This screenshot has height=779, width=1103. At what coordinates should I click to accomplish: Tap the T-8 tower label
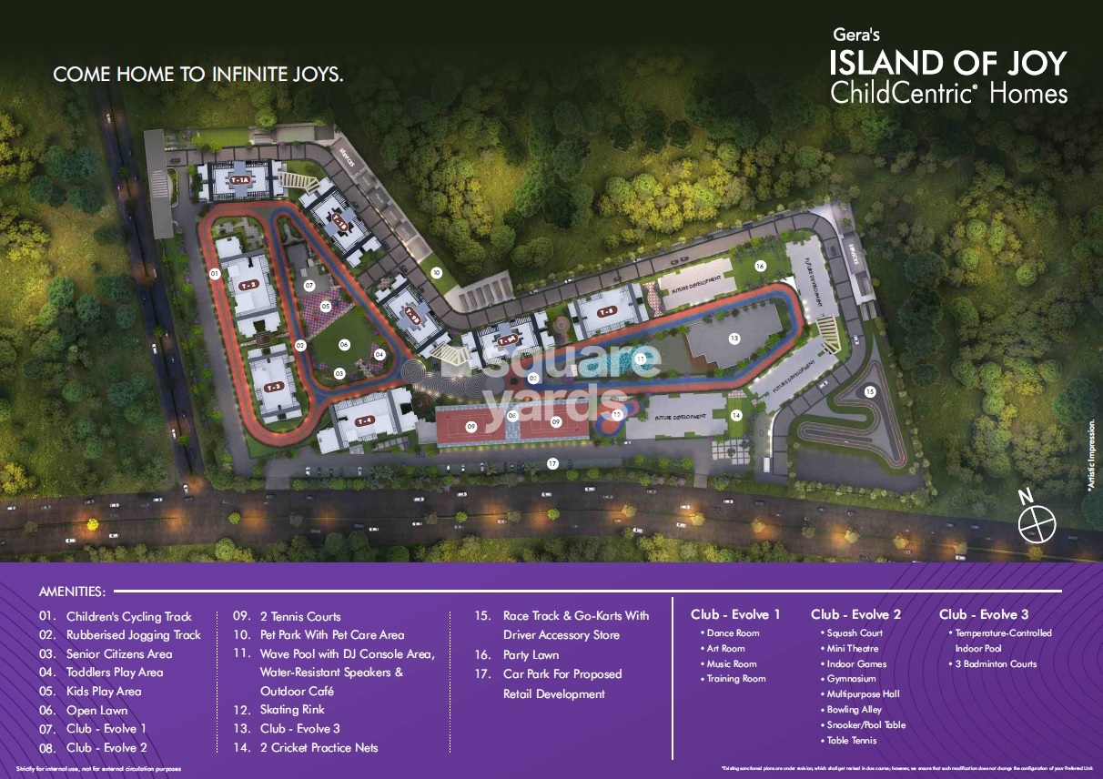(606, 312)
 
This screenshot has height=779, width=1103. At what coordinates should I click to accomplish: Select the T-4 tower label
(365, 420)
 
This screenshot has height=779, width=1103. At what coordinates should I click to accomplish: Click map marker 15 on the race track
(870, 391)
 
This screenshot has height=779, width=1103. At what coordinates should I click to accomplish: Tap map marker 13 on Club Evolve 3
(734, 338)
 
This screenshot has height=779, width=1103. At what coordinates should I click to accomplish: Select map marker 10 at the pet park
(437, 272)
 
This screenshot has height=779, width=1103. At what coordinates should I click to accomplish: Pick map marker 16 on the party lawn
(760, 266)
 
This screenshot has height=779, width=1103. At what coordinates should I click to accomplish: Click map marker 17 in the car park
(552, 464)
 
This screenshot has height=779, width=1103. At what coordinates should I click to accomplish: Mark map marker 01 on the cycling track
(215, 273)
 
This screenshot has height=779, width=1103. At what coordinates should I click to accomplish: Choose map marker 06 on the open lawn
(344, 345)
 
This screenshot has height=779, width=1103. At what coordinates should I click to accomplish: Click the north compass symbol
(1036, 522)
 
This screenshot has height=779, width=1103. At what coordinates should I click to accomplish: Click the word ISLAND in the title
(886, 64)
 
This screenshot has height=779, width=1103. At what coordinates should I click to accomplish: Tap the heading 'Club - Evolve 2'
(855, 614)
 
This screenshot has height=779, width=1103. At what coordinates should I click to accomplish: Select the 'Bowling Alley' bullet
(854, 710)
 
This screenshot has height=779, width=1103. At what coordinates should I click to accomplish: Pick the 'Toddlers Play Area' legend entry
(115, 673)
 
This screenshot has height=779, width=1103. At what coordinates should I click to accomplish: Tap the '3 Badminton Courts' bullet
(996, 664)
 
